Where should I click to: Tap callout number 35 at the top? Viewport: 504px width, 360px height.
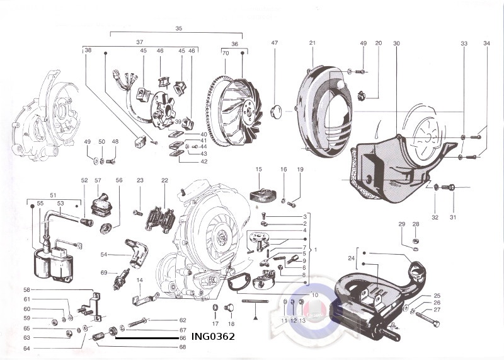point(178,29)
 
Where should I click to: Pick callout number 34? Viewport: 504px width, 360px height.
point(486,43)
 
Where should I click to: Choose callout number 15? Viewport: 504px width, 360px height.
point(259,170)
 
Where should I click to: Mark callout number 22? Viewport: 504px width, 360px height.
point(164,180)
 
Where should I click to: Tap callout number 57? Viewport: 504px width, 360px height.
point(98,180)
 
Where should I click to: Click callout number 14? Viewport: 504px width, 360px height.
point(139,279)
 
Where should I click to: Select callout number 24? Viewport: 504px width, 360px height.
point(352,258)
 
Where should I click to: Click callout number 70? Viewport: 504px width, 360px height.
point(225,54)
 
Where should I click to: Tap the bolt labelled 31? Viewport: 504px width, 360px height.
point(449,187)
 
